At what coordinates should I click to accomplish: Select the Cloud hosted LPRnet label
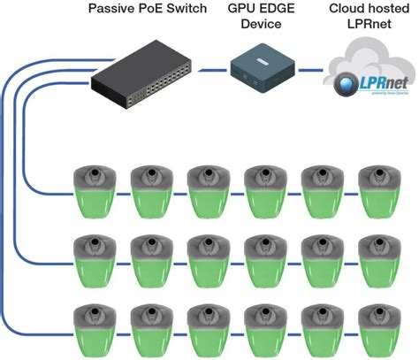362,19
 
